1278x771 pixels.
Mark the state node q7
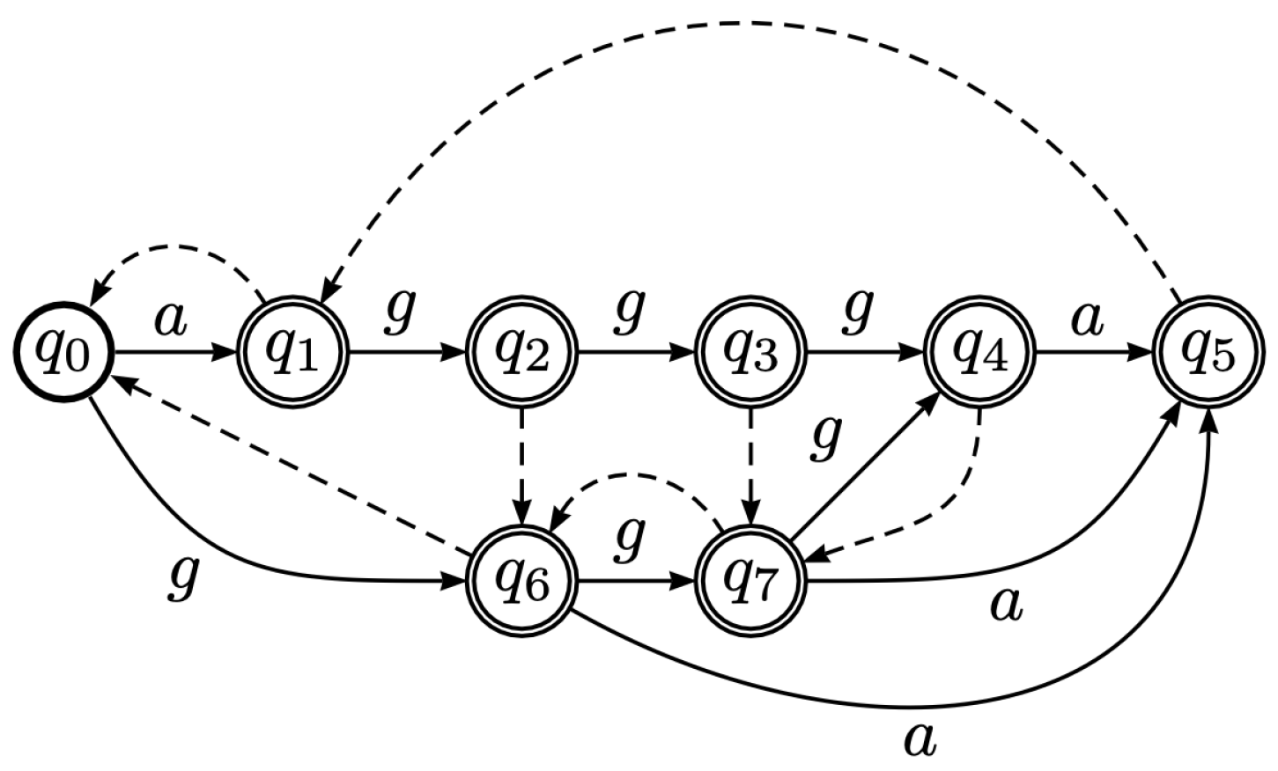pos(751,582)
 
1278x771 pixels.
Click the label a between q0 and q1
pos(171,320)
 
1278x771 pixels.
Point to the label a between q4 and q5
pos(1087,320)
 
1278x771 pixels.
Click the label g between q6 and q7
pos(629,539)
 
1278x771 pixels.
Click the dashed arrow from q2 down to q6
pos(523,466)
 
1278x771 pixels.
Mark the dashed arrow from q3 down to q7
pos(751,466)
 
